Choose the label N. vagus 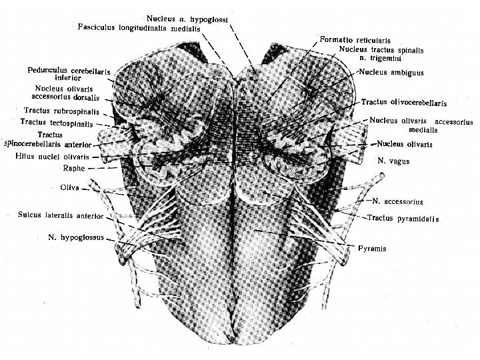393,161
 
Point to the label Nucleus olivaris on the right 405,143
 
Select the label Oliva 69,188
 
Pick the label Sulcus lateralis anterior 61,215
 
